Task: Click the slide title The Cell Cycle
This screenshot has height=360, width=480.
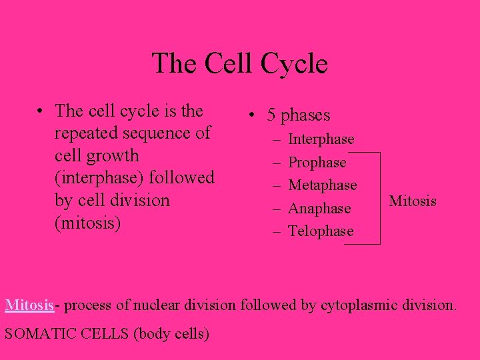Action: tap(240, 64)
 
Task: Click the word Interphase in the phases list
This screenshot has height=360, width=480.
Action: tap(321, 139)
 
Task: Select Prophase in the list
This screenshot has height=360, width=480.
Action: tap(317, 162)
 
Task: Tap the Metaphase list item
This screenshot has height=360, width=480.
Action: tap(322, 185)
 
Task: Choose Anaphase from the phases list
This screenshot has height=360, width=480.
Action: tap(319, 208)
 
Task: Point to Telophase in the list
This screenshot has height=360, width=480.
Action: tap(321, 231)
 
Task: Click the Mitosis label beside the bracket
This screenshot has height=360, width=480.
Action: tap(413, 201)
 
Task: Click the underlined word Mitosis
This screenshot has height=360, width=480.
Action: tap(29, 305)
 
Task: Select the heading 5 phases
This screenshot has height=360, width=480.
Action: tap(298, 115)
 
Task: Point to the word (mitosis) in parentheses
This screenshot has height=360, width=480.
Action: tap(88, 223)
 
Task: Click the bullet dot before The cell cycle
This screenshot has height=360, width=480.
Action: tap(41, 111)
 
